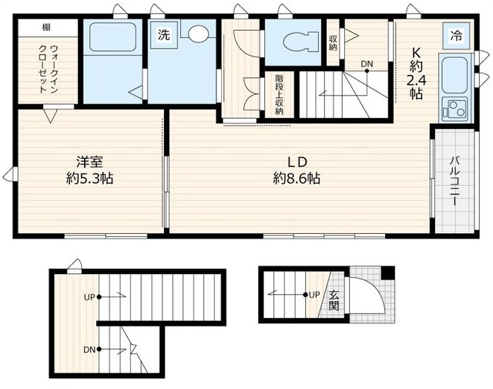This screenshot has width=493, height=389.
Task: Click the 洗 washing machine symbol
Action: coord(163,34)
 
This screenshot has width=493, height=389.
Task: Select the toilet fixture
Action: coord(300,41)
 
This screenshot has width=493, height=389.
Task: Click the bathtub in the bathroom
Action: coord(112,37)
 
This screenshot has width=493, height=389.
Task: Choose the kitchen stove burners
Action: coord(455,108)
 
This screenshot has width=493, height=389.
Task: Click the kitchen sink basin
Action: coord(454,75)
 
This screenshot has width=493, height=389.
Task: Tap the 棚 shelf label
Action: coord(46,28)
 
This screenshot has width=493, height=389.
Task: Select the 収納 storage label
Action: coord(334,43)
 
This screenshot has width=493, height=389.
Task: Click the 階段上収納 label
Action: coord(279,95)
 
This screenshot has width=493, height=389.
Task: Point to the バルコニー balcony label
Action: coord(454,181)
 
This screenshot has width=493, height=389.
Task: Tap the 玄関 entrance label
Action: coord(334,300)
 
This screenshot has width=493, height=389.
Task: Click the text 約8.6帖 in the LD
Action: coord(297,179)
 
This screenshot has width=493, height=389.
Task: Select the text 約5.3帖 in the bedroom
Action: coord(90,179)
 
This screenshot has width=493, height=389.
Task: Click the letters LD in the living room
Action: coord(297,162)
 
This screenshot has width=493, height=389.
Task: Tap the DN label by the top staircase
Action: coord(367,64)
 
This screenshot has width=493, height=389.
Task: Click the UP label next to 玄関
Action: coord(314,295)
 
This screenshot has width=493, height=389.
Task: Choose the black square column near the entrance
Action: coord(387,272)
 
